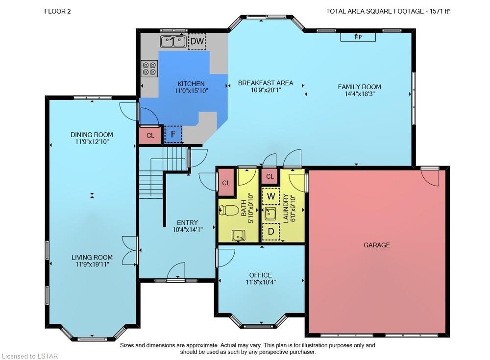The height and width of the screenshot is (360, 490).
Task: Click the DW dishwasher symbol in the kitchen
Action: pyautogui.click(x=197, y=41)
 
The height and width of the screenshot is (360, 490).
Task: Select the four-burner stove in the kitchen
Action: pyautogui.click(x=149, y=69)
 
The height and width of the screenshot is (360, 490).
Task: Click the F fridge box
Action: pyautogui.click(x=173, y=134)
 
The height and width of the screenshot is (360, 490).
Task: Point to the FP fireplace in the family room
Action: pyautogui.click(x=358, y=37)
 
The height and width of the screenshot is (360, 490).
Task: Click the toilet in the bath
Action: pyautogui.click(x=227, y=210)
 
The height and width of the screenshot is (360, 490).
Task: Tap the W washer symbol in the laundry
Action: pyautogui.click(x=271, y=196)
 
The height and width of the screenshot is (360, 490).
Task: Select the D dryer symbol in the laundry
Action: pyautogui.click(x=271, y=232)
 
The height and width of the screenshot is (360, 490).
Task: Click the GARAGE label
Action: pyautogui.click(x=376, y=245)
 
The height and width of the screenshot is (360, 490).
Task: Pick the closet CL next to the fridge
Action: pyautogui.click(x=150, y=135)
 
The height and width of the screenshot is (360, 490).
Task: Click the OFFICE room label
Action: pyautogui.click(x=260, y=275)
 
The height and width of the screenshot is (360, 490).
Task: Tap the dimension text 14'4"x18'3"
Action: pyautogui.click(x=359, y=94)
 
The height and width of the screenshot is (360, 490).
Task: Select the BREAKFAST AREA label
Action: pyautogui.click(x=266, y=83)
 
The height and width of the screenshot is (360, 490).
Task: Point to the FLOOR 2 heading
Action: pyautogui.click(x=57, y=11)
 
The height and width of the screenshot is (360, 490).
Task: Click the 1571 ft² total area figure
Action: pyautogui.click(x=440, y=11)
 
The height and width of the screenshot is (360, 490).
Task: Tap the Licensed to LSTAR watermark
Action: pyautogui.click(x=30, y=356)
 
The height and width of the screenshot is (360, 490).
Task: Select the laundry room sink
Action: pyautogui.click(x=270, y=214)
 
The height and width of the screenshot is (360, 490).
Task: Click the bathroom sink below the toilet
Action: pyautogui.click(x=239, y=235)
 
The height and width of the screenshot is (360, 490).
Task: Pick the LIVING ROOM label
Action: pyautogui.click(x=92, y=257)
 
